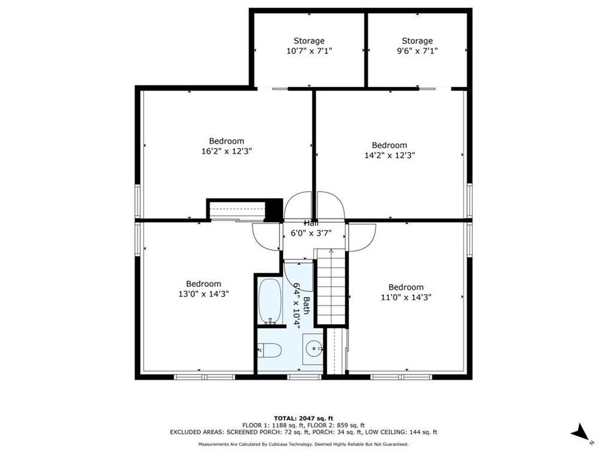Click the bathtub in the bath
point(271,301)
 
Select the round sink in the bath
point(314,347)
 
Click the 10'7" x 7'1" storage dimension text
point(309,52)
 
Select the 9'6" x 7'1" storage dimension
point(417,52)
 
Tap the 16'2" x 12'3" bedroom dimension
point(226,152)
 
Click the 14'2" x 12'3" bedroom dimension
point(389,155)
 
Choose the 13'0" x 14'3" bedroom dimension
point(204,294)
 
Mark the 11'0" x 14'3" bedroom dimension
point(406,297)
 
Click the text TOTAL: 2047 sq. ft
point(303,417)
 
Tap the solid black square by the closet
point(274,209)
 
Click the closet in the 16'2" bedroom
point(236,210)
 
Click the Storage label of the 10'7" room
point(309,41)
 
